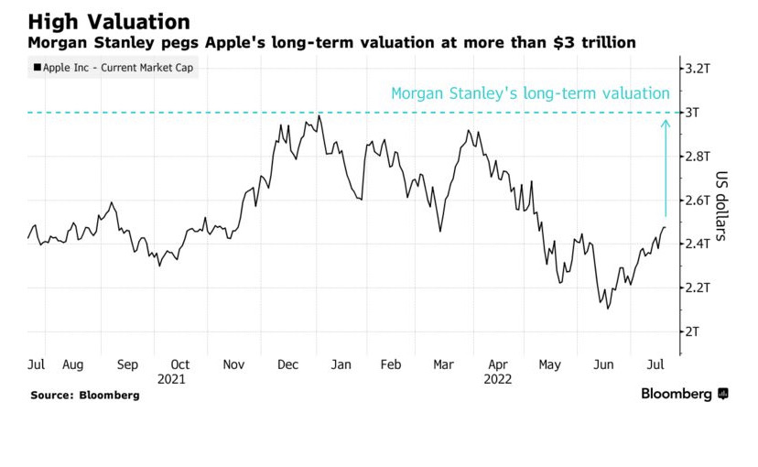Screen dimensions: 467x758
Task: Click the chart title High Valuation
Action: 109,21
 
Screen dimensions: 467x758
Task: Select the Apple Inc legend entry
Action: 114,69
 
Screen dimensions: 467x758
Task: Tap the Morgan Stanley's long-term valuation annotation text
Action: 530,93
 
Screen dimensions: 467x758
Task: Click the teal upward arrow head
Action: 666,124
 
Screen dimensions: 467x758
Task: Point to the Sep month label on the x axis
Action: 127,364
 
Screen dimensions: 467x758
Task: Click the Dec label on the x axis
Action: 287,364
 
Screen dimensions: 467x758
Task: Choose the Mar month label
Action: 443,364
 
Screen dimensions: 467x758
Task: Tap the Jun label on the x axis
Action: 603,364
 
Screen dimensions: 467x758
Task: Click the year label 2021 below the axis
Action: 172,378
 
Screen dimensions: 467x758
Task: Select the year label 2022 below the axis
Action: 497,378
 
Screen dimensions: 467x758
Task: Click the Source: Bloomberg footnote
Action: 84,395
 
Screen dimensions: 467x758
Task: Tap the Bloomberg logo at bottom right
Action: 683,394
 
